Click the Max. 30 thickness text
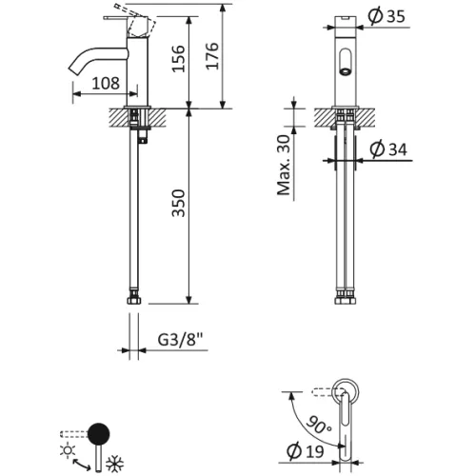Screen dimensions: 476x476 [283, 163]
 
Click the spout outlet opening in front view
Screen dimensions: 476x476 [345, 69]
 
